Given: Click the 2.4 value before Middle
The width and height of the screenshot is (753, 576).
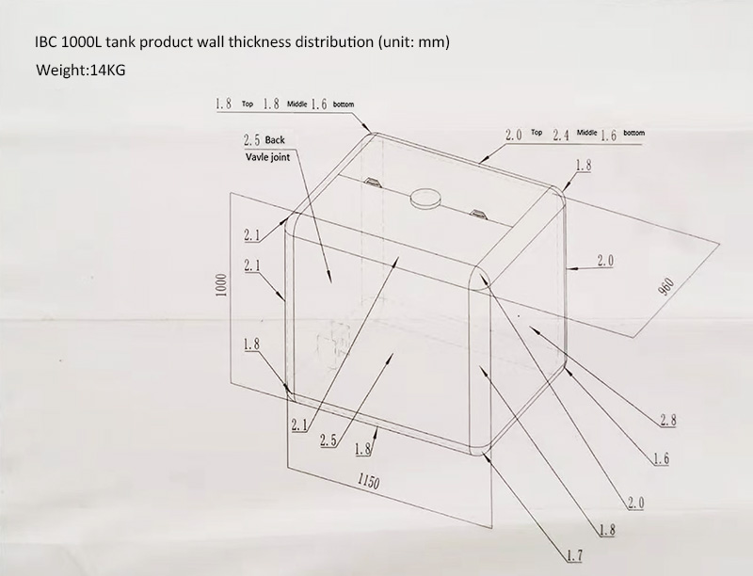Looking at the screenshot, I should coord(561,136).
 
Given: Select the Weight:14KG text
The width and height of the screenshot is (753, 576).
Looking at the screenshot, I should coord(80,71).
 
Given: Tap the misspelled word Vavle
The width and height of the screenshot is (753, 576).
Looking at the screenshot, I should coord(249,157).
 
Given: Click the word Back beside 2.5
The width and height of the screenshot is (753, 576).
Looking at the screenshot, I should coord(275,140).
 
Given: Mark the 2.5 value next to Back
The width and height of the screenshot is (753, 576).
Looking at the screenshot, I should coord(251,140).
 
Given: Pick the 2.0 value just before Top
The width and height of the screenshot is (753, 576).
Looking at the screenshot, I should coord(513,136).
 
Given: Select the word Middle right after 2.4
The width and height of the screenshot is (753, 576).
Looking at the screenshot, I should coord(588,135).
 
